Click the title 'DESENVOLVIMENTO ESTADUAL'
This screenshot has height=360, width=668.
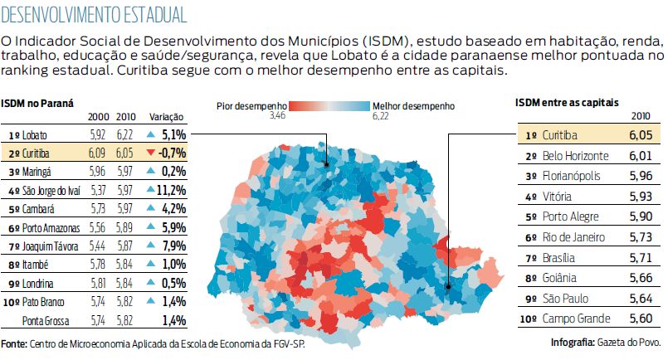[93, 15]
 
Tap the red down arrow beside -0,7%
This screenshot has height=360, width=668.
[149, 153]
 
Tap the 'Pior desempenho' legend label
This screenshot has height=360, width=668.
[251, 107]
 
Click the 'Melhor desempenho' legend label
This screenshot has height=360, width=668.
[413, 107]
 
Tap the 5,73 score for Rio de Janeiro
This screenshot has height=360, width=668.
[635, 237]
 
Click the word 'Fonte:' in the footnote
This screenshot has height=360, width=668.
[14, 343]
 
